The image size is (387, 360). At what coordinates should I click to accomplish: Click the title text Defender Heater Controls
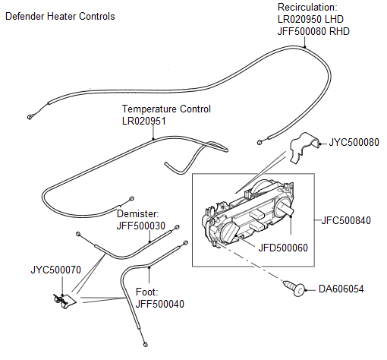(60, 16)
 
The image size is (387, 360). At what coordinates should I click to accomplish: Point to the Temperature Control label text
(166, 109)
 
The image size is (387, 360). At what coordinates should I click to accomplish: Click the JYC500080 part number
(354, 142)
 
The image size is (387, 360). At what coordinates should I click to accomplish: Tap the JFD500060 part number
(282, 247)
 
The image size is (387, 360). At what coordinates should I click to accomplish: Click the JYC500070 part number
(55, 269)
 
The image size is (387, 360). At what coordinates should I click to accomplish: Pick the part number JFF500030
(140, 226)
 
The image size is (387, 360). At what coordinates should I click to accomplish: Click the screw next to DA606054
(296, 288)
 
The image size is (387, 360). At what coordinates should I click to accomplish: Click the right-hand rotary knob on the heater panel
(287, 209)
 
